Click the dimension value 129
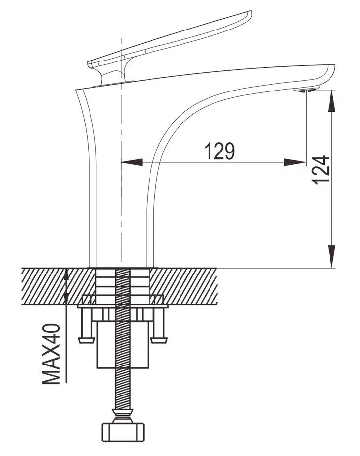click(x=219, y=151)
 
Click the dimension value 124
click(x=321, y=170)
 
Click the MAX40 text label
click(x=51, y=354)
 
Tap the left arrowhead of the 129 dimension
click(x=131, y=162)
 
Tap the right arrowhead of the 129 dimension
click(x=295, y=162)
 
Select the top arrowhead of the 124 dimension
click(x=332, y=101)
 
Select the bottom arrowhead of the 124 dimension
click(x=332, y=256)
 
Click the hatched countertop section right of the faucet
click(x=184, y=286)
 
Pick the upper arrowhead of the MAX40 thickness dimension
click(x=66, y=275)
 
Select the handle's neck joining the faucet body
click(x=113, y=76)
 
